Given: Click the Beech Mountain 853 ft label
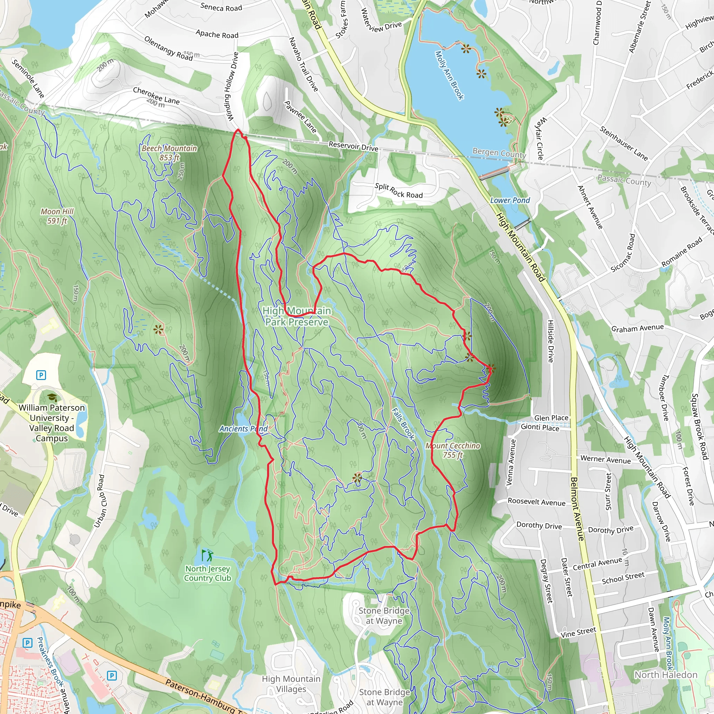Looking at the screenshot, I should pos(169,153).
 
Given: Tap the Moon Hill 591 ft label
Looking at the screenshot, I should pos(57,216).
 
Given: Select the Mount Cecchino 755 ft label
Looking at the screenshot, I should pos(453,450).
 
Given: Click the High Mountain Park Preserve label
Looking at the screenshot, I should pos(297,316).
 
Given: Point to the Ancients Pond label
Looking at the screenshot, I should pos(243,429).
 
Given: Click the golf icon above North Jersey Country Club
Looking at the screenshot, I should pos(207,555).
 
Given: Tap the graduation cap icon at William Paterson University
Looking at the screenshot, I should pos(52,398).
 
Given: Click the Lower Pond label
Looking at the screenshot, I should pos(510,200).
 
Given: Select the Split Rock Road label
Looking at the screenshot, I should pos(399,191).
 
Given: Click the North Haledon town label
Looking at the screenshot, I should pos(666,675).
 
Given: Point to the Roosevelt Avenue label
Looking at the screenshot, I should pos(536,502).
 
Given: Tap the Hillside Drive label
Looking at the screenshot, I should pos(550,341).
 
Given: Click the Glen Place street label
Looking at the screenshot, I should pos(551,418).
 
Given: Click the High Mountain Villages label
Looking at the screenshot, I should pos(291,684).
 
